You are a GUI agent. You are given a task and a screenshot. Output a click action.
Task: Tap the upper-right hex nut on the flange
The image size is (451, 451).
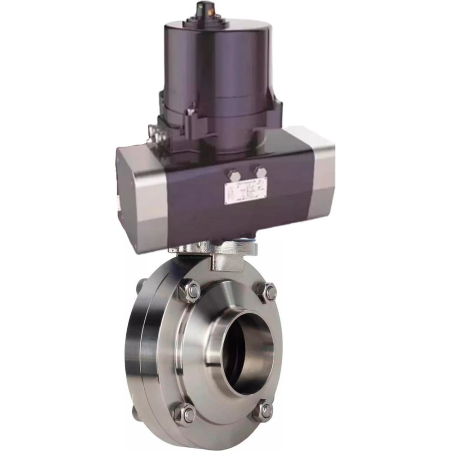267,291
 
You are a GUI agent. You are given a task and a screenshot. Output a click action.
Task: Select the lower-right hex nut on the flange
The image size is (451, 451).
263,411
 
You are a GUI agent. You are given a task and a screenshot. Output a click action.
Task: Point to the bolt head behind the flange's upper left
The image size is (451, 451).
141,285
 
